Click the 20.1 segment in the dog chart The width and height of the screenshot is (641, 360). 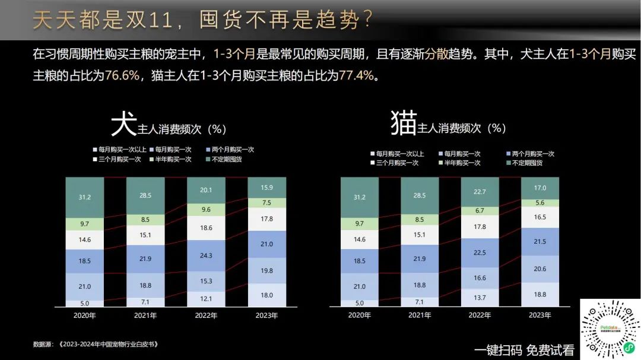click(205, 190)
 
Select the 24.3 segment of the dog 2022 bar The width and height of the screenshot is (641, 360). click(205, 256)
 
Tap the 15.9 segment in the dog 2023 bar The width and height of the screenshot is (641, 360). click(266, 187)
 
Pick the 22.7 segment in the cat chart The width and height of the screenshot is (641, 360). click(480, 191)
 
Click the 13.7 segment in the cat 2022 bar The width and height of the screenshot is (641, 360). click(480, 297)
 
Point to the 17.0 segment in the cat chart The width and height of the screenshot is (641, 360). click(540, 188)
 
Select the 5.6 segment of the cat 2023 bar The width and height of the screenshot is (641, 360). click(540, 202)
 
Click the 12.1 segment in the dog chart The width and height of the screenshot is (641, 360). click(205, 298)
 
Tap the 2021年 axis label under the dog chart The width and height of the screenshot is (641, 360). click(145, 316)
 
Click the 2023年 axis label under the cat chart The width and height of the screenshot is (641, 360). click(540, 316)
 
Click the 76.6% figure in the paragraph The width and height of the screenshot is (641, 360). click(122, 76)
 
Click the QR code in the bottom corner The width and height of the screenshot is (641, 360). click(610, 329)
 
